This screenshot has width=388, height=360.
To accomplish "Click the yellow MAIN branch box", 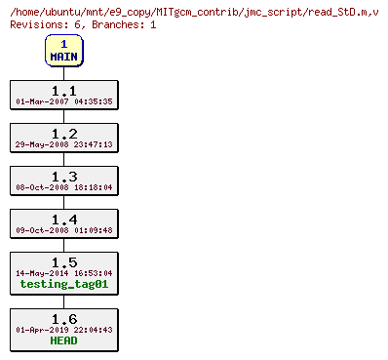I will [63, 51].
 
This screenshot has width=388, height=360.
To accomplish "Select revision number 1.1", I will [63, 90].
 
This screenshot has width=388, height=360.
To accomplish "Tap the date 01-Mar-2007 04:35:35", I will [63, 101].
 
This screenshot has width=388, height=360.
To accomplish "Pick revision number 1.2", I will [63, 133].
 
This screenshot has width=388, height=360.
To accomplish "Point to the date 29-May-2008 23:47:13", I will [63, 144].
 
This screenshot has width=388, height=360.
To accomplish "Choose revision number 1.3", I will [63, 176].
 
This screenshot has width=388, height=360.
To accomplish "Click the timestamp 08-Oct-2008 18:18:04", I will [63, 187].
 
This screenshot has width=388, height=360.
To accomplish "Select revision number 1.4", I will [63, 219].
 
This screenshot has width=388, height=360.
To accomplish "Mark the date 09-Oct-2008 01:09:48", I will [63, 230].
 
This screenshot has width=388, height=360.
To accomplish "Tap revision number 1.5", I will [63, 261].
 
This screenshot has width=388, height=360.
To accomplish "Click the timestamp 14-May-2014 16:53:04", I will [63, 273].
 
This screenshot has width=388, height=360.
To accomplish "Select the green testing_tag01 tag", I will [63, 285].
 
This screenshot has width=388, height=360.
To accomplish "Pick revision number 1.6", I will [63, 318].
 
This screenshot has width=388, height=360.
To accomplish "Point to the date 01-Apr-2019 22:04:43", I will [63, 330].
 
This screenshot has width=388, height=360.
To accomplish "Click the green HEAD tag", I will [63, 341].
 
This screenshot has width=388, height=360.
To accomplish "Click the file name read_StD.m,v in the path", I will [339, 10].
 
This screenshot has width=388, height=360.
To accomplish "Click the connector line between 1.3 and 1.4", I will [63, 202].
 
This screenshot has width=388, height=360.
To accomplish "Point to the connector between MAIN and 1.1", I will [63, 73].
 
